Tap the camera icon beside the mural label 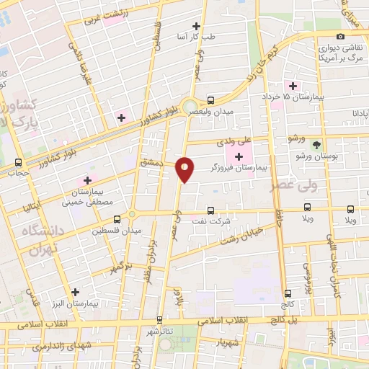click(340, 37)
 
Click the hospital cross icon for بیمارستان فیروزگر click(239, 156)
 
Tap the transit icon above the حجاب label click(19, 163)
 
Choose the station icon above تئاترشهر click(159, 319)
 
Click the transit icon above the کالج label click(288, 293)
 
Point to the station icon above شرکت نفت click(210, 210)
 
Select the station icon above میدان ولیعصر click(210, 101)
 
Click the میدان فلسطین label click(116, 231)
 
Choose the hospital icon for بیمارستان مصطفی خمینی click(88, 180)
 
